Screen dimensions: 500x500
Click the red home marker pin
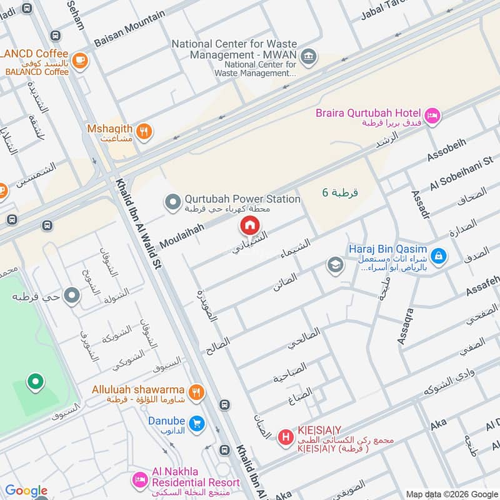pos(249,226)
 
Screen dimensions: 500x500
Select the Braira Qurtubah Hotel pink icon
pos(432,115)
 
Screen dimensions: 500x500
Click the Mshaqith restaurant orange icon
pos(144,131)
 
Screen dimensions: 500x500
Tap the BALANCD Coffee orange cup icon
pos(79,60)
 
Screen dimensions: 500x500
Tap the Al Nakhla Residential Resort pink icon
pos(139,480)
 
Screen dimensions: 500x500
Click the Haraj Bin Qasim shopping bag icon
pos(439,255)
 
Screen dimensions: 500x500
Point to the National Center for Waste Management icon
pos(307,57)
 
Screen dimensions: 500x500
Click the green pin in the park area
pos(36,381)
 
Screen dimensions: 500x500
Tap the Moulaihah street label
pos(182,236)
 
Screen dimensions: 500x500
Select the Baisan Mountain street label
pos(130,29)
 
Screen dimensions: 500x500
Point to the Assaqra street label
pos(406,326)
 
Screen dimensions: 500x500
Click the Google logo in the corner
pos(26,491)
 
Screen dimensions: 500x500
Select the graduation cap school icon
pos(336,266)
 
